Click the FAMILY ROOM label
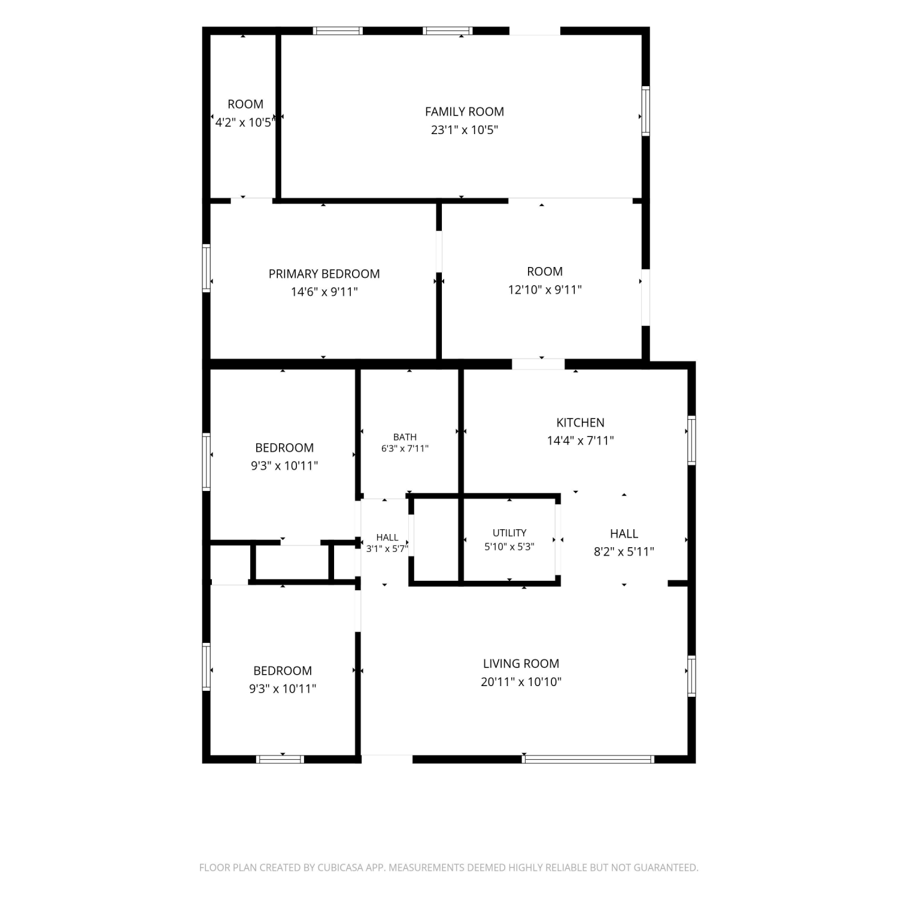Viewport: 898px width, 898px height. [465, 111]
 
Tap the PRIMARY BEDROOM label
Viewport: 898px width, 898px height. [324, 274]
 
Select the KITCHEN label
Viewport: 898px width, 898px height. [580, 422]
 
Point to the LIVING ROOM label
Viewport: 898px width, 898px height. [521, 663]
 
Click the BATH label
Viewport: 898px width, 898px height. [405, 437]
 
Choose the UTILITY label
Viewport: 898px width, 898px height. [509, 533]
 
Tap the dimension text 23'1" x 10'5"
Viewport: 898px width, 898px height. [465, 130]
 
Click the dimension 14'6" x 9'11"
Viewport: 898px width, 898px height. [324, 292]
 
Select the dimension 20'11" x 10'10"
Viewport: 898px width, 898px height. [521, 682]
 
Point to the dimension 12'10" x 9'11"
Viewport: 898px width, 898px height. [545, 290]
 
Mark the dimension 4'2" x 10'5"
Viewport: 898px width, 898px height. [245, 123]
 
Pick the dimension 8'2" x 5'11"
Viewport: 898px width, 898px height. [624, 552]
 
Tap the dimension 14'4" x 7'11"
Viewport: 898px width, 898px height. [580, 441]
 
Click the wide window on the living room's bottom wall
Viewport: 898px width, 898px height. [588, 759]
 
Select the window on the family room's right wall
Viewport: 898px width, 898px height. [646, 111]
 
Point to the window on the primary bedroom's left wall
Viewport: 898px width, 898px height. [207, 268]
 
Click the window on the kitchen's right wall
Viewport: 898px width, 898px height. [691, 440]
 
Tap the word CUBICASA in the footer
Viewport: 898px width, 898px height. [339, 867]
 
